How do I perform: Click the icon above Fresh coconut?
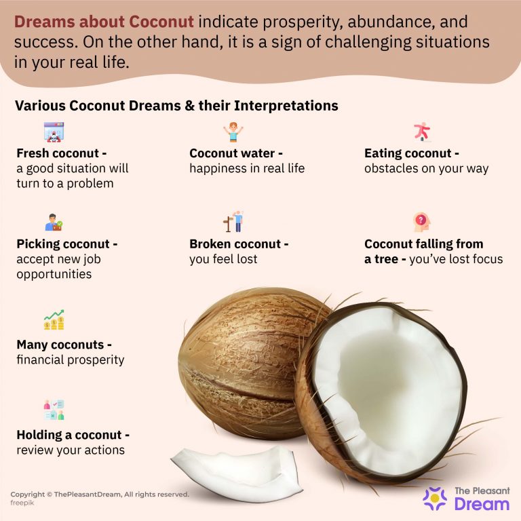[54, 131]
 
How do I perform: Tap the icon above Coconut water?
[233, 132]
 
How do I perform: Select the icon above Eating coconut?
[422, 131]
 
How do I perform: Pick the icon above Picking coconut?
[54, 223]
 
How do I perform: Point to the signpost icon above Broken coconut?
[233, 222]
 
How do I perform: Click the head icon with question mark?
[422, 222]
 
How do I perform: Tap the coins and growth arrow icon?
[54, 320]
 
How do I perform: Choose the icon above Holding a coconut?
[54, 409]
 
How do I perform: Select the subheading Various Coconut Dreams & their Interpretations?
[176, 107]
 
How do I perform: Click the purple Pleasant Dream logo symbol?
[435, 498]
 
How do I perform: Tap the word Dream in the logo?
[482, 504]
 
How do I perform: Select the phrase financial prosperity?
[71, 360]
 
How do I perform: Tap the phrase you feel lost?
[224, 258]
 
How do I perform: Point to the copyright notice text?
[100, 495]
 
